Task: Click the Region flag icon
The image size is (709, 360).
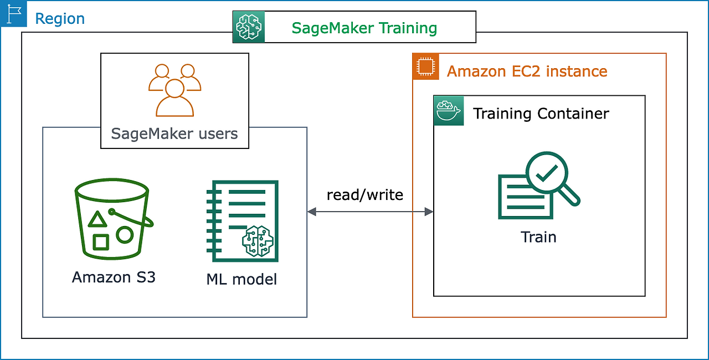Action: click(x=13, y=14)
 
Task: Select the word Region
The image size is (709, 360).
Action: click(x=60, y=19)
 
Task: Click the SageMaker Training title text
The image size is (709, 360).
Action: click(x=364, y=28)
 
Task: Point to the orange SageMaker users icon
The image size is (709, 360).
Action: click(x=174, y=90)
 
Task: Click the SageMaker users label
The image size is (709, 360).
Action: click(x=174, y=133)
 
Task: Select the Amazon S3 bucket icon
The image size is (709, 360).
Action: click(x=113, y=219)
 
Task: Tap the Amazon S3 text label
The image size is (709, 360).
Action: click(x=114, y=277)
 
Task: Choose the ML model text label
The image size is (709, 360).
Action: click(x=242, y=279)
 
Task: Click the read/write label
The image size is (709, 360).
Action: click(x=365, y=194)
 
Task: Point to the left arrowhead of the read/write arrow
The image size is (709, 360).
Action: click(x=312, y=212)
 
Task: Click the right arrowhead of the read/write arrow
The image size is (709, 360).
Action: click(x=429, y=212)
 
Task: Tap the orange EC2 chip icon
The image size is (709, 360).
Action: click(x=425, y=66)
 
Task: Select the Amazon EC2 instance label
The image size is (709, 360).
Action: click(x=527, y=71)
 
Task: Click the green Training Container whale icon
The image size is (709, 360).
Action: click(x=448, y=110)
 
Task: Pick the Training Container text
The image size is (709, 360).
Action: click(x=541, y=114)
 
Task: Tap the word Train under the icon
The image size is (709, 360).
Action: click(x=538, y=237)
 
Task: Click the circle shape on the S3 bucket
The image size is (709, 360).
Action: click(x=125, y=235)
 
